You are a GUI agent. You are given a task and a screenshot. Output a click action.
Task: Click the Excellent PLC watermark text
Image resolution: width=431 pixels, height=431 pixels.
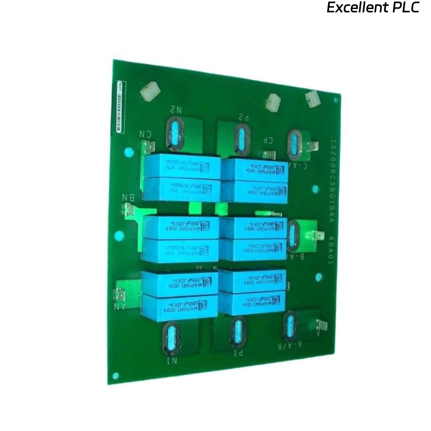373,8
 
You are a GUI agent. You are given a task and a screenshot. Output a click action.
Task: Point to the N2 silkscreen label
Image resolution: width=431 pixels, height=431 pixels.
176,109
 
